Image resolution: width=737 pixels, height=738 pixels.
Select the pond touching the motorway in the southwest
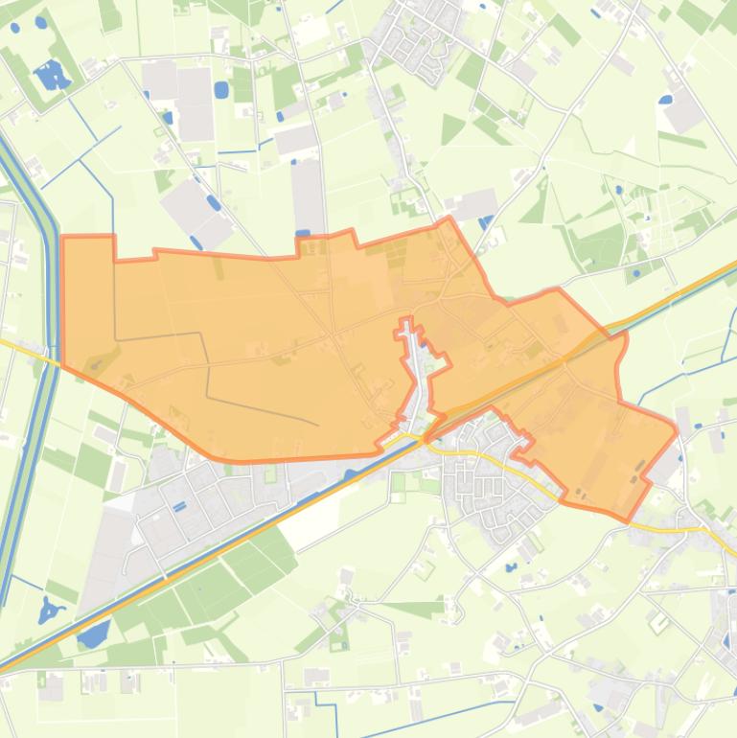94,634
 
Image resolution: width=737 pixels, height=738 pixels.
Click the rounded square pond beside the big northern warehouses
221,89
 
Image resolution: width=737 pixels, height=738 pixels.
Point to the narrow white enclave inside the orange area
410,374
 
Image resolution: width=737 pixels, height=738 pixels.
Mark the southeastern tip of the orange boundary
628,520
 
